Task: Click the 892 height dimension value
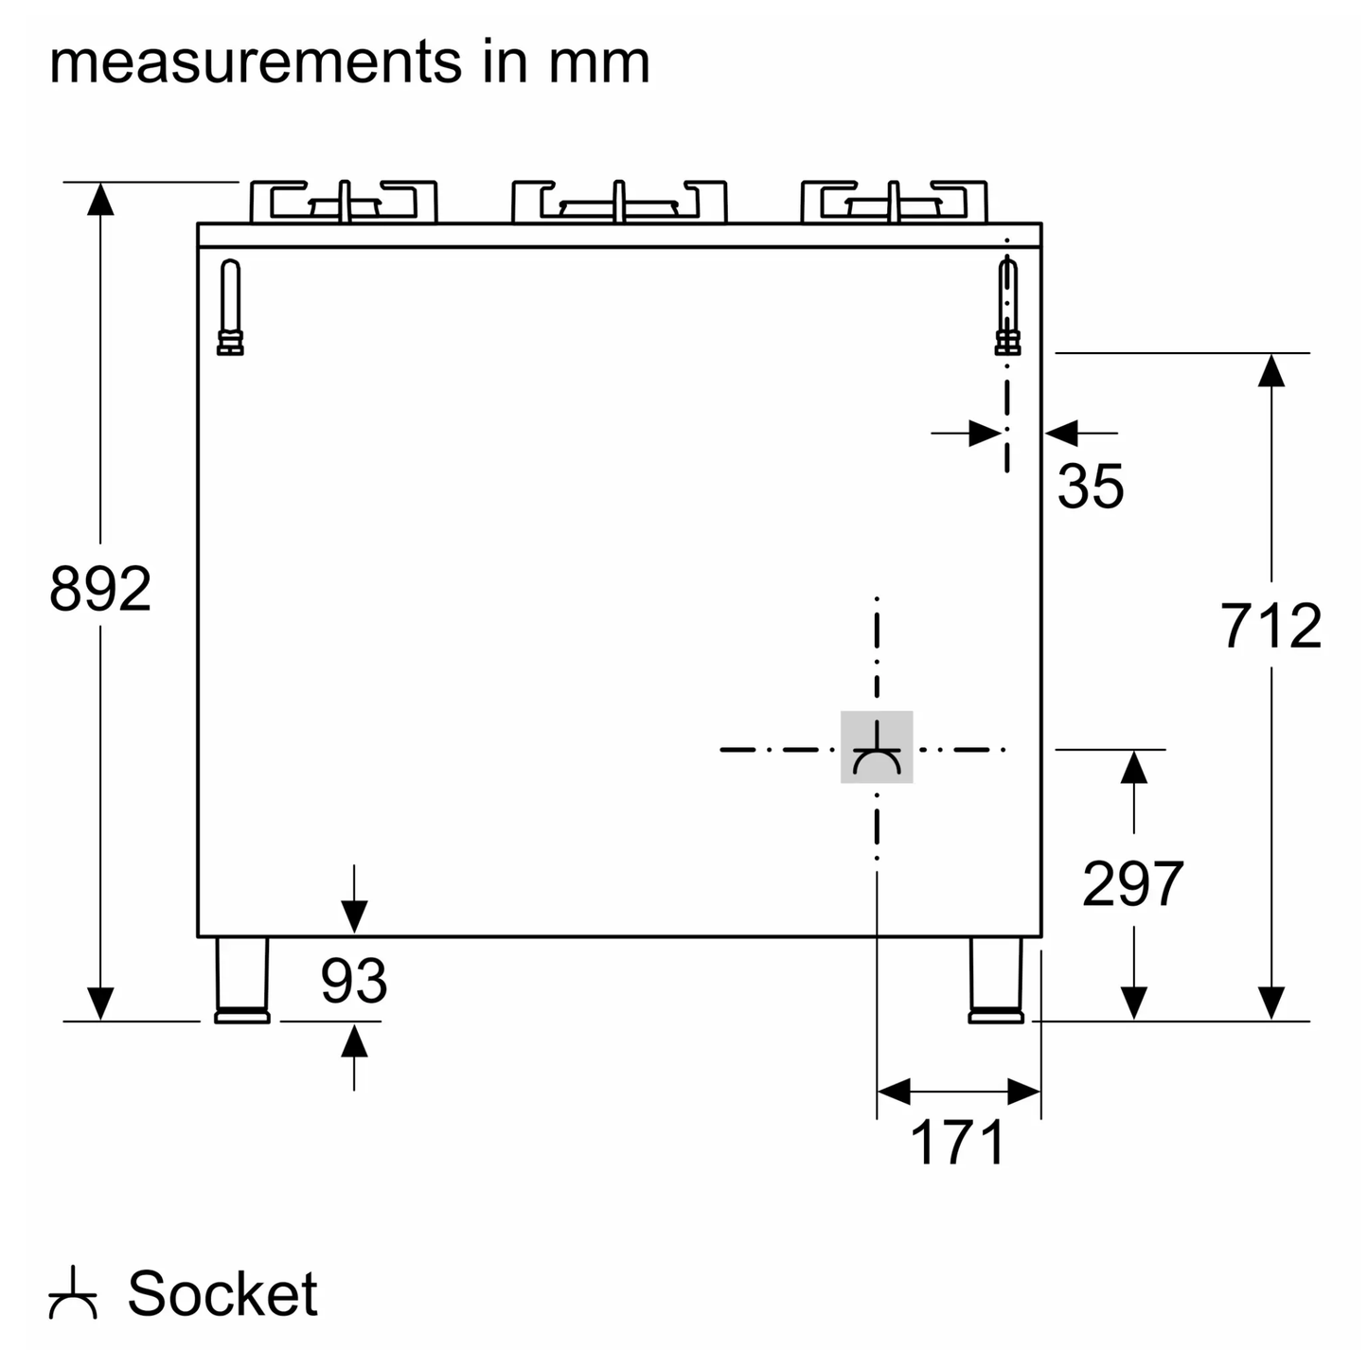point(100,589)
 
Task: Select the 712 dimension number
point(1270,627)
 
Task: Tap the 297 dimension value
point(1132,884)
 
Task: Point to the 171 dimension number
point(957,1143)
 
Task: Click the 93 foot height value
point(353,981)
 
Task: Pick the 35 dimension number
point(1090,487)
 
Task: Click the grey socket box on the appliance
point(877,747)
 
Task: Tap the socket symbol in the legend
point(73,1294)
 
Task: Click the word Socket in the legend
point(222,1294)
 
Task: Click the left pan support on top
point(344,202)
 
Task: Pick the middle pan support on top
point(619,202)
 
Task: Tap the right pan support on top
point(894,202)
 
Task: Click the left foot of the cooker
point(242,980)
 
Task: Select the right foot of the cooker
point(996,980)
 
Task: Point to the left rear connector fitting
point(230,307)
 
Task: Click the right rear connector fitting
point(1007,307)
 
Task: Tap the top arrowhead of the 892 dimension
point(100,198)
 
